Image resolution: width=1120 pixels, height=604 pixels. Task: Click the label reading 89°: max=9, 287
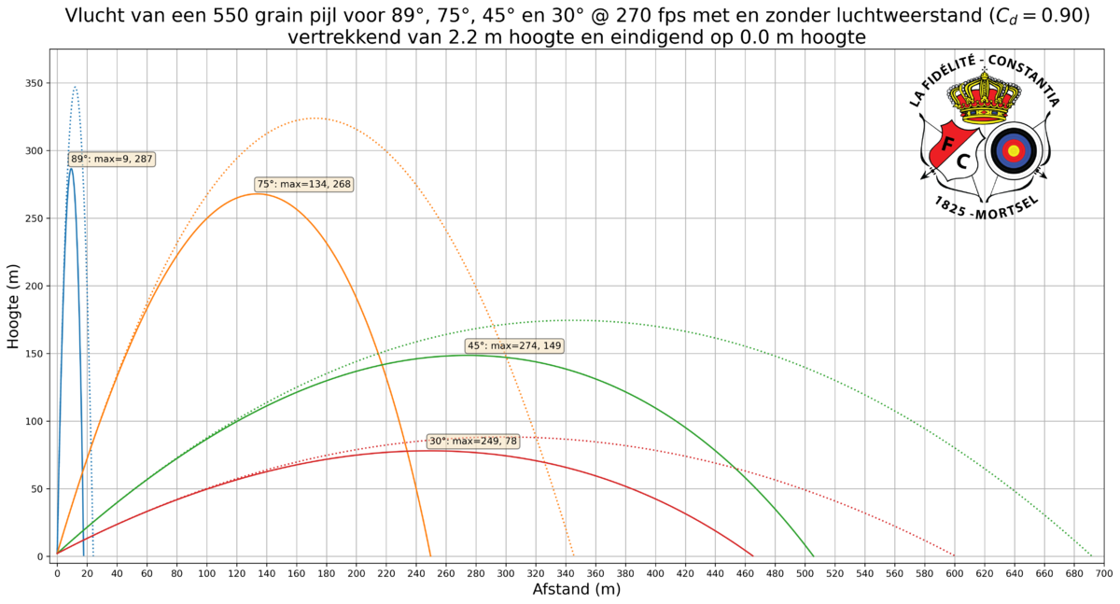coord(111,160)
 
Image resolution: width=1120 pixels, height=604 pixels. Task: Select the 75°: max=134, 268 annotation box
coord(304,185)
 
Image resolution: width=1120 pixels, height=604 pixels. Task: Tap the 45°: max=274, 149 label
coord(514,346)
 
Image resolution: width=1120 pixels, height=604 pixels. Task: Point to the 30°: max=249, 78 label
coord(472,441)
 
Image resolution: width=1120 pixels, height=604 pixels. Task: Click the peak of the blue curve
coord(75,88)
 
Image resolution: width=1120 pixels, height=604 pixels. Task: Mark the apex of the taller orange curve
coord(314,119)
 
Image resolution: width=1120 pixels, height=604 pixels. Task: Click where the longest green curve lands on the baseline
coord(1091,555)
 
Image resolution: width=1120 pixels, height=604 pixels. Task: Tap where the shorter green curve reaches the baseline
coord(813,555)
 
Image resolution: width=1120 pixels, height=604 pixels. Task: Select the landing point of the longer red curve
coord(954,555)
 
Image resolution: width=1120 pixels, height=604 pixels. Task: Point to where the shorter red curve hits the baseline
coord(753,555)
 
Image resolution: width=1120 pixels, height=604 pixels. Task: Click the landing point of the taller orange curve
coord(573,555)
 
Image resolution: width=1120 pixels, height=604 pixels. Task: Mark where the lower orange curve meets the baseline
coord(430,555)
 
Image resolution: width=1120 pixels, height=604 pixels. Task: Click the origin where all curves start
coord(57,555)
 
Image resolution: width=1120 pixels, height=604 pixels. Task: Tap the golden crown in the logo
coord(984,97)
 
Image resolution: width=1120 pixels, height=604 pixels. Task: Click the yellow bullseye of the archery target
coord(1014,149)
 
